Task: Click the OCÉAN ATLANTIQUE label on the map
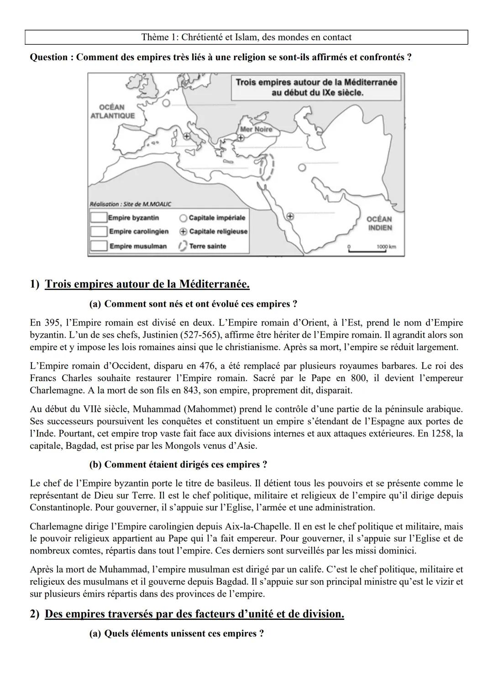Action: coord(112,111)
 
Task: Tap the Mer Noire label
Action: coord(256,129)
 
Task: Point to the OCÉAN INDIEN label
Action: coord(379,223)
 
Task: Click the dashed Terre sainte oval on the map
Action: coord(267,167)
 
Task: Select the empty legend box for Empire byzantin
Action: coord(98,218)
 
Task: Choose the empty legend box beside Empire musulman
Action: coord(98,246)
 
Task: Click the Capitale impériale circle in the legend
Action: coord(184,218)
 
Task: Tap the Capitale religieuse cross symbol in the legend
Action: coord(184,231)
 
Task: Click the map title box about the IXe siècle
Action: coord(316,87)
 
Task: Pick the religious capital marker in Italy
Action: coord(187,136)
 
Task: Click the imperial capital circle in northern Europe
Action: coord(166,104)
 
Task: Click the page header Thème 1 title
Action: coord(246,37)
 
